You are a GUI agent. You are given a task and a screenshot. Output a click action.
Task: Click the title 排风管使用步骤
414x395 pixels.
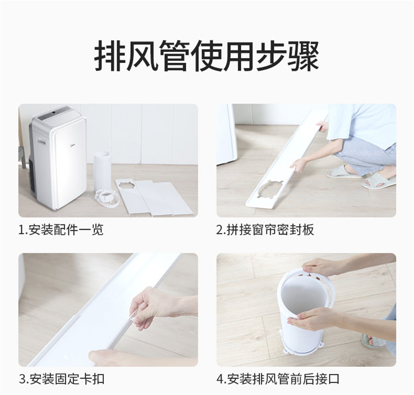tap(207, 56)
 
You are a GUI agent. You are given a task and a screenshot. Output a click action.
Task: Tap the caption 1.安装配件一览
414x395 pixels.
tap(61, 230)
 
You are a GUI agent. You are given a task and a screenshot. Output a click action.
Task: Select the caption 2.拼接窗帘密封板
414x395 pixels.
tap(265, 230)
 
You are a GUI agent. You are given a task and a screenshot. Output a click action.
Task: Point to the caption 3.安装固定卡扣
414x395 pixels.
tap(61, 379)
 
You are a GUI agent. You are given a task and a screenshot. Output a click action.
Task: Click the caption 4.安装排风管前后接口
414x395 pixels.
tap(278, 379)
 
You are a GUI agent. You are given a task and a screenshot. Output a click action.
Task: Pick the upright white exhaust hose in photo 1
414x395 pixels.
tap(102, 170)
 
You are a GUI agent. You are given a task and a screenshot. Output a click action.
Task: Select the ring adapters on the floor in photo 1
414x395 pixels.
tap(108, 199)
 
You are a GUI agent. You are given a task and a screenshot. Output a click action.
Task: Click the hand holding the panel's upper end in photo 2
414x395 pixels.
tap(322, 126)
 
